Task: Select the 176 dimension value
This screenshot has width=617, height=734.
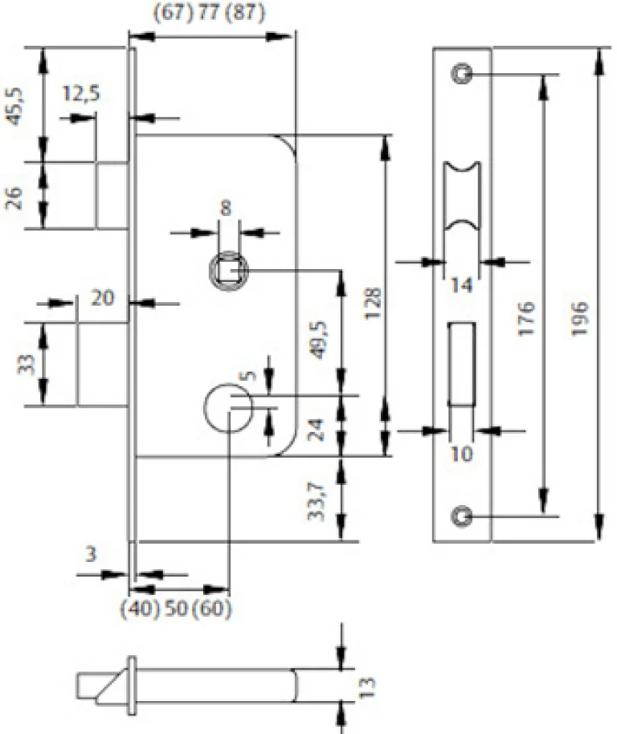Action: [526, 318]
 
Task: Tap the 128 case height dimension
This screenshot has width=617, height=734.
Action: [370, 304]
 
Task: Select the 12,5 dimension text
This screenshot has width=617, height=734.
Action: [81, 94]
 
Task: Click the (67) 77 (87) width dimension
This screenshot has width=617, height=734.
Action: [208, 14]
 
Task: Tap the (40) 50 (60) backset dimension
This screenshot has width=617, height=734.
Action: [177, 608]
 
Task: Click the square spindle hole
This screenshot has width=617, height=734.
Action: [230, 270]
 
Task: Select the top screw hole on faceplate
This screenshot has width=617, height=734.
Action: [461, 73]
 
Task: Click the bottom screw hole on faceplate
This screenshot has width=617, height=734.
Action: [461, 516]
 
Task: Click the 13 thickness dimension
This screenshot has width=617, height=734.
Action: [369, 685]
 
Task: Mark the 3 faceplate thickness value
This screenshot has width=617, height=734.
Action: [91, 553]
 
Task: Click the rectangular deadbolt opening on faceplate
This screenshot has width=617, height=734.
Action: [460, 362]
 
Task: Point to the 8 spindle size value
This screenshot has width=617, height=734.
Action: [226, 208]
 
